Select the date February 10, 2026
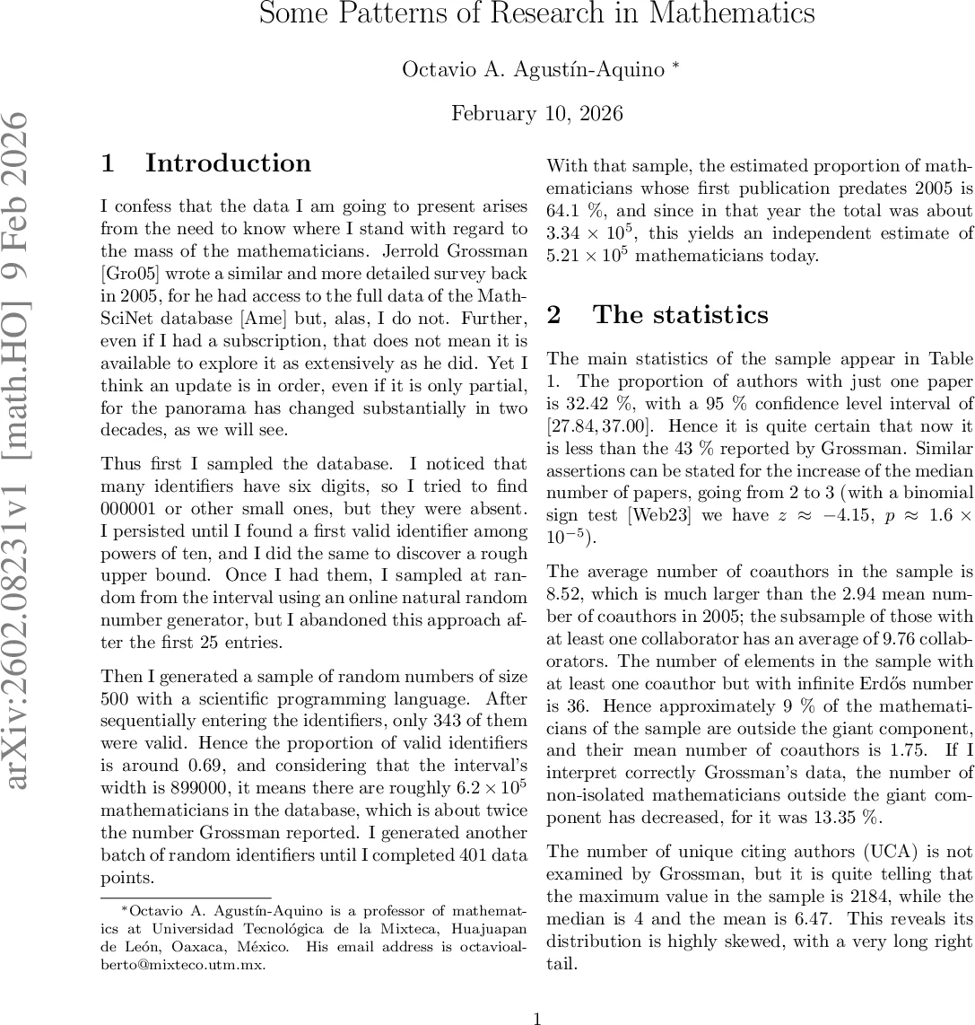[x=536, y=114]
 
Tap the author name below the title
[x=533, y=70]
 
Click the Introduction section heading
[x=228, y=163]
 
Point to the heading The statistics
[x=680, y=315]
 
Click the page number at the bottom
[x=536, y=1019]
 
